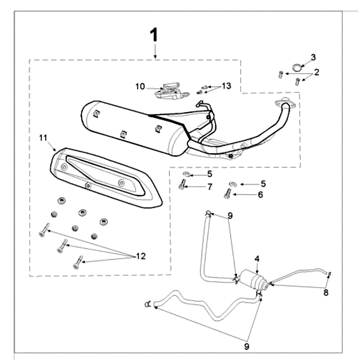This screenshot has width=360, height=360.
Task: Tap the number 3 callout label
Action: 313,57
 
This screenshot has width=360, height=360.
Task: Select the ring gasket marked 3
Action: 296,67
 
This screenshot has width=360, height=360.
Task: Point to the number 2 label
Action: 316,72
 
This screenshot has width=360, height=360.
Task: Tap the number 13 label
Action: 226,85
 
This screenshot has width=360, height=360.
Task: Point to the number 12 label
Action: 141,256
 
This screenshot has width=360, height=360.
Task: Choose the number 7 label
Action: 209,186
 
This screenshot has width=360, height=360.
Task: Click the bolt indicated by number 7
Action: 181,184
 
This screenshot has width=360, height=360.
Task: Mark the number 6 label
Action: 260,194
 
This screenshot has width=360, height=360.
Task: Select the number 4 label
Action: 257,259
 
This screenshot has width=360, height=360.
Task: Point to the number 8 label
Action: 326,292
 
